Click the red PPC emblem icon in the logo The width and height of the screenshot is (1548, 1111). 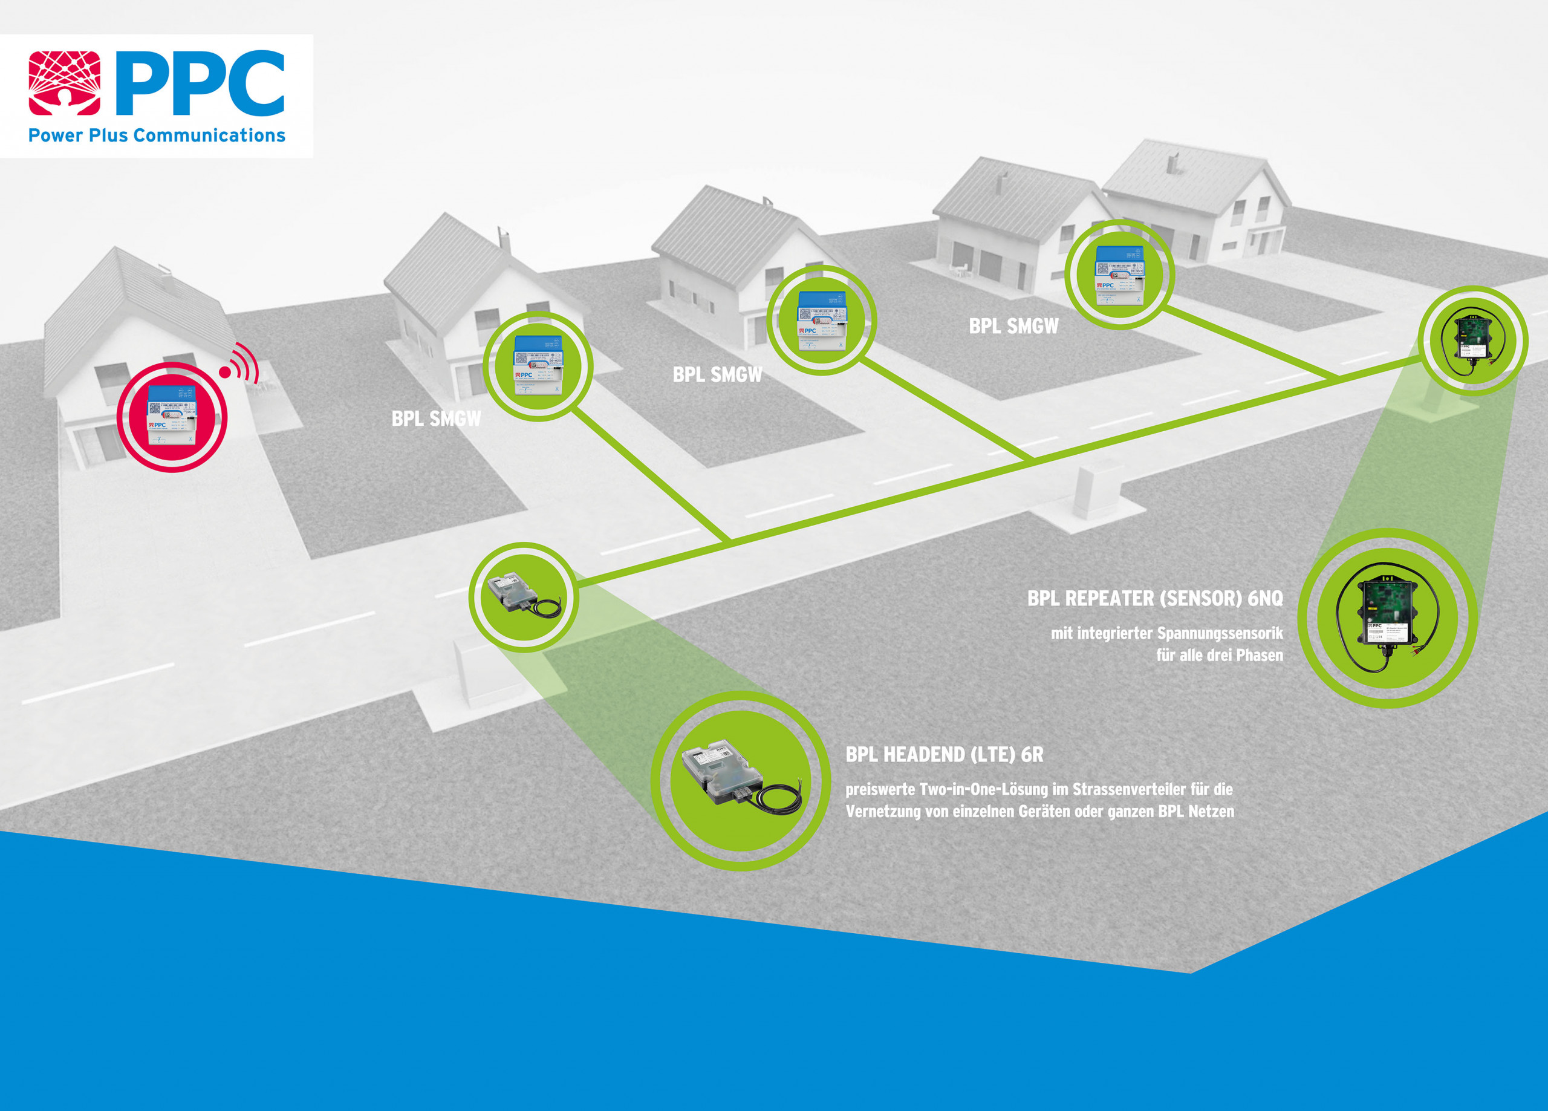[x=64, y=83]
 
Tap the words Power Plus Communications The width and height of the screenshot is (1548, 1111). [x=156, y=135]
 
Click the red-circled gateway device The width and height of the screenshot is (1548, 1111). [x=172, y=416]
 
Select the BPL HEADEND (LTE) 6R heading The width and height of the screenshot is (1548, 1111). [x=944, y=755]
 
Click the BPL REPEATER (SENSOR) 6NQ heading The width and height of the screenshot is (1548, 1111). [x=1155, y=599]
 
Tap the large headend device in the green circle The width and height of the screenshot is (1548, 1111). [x=741, y=778]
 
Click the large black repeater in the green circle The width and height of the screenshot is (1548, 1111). [x=1387, y=618]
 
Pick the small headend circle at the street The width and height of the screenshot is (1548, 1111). [x=524, y=596]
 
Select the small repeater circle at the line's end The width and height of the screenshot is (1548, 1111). [x=1472, y=339]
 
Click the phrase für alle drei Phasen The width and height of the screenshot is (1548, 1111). [x=1219, y=656]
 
